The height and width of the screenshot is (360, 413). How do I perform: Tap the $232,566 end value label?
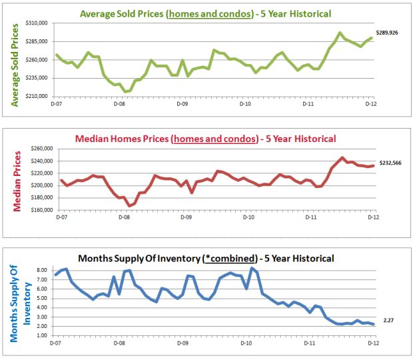coord(391,162)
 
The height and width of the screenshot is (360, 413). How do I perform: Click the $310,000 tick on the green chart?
coord(39,23)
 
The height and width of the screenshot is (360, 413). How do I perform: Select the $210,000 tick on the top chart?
coord(39,96)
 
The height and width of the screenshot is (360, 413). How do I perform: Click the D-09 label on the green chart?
coord(181,104)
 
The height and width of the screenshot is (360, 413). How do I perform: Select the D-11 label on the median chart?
coord(310,217)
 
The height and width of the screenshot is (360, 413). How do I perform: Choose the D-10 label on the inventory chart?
coord(246,343)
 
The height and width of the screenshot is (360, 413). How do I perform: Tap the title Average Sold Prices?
coord(205,13)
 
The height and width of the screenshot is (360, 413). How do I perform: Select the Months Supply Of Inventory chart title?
coord(205,258)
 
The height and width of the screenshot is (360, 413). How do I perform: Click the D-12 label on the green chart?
coord(370,104)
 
